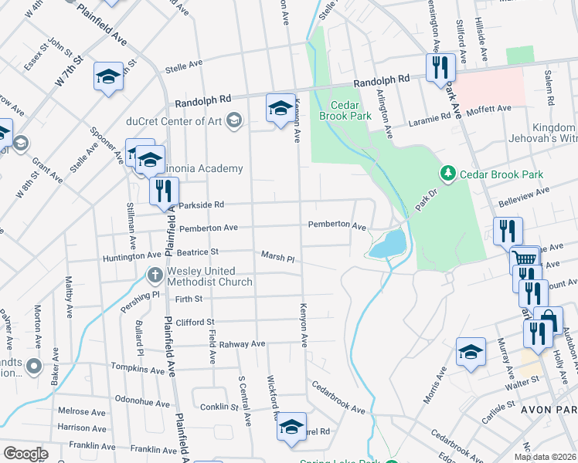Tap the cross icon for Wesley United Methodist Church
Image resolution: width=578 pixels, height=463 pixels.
pyautogui.click(x=155, y=275)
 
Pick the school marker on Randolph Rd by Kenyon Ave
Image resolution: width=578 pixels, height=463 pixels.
pyautogui.click(x=280, y=108)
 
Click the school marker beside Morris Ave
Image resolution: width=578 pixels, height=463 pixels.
pyautogui.click(x=471, y=352)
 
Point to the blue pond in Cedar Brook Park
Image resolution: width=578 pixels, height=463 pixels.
pyautogui.click(x=386, y=245)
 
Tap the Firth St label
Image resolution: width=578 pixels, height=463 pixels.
pyautogui.click(x=188, y=299)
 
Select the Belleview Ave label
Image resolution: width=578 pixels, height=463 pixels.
pyautogui.click(x=522, y=191)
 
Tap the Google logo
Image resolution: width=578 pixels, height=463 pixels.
pyautogui.click(x=26, y=454)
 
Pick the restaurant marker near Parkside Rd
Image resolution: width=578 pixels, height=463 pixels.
pyautogui.click(x=164, y=191)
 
